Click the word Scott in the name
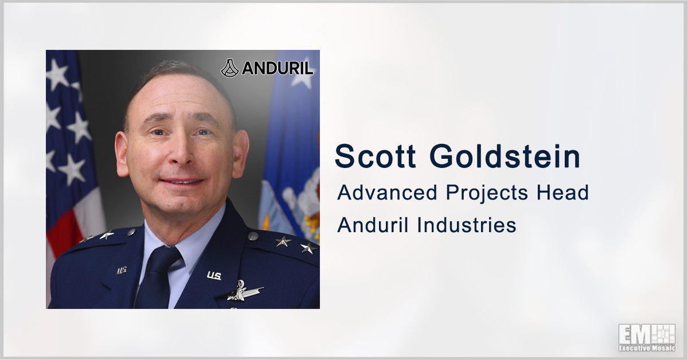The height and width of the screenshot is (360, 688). pyautogui.click(x=375, y=156)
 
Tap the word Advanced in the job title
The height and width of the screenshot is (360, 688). pyautogui.click(x=387, y=193)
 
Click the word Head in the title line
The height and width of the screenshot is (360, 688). pyautogui.click(x=562, y=193)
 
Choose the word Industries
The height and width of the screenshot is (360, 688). pyautogui.click(x=466, y=225)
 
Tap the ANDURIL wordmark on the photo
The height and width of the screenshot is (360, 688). pyautogui.click(x=277, y=68)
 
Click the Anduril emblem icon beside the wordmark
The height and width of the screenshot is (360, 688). pyautogui.click(x=229, y=68)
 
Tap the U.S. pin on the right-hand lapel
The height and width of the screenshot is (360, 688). pyautogui.click(x=214, y=276)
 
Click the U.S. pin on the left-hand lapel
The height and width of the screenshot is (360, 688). pyautogui.click(x=122, y=271)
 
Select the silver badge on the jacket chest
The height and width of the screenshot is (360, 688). pyautogui.click(x=244, y=290)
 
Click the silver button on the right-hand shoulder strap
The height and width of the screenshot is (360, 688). pyautogui.click(x=253, y=236)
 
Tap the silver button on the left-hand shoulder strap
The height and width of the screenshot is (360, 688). pyautogui.click(x=131, y=232)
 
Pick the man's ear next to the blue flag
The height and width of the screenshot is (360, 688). pyautogui.click(x=240, y=154)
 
